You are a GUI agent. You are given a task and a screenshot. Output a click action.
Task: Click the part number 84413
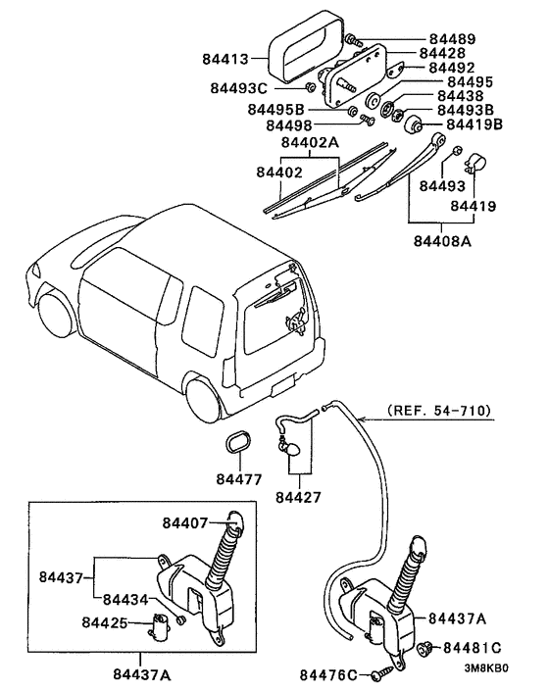pos(231,59)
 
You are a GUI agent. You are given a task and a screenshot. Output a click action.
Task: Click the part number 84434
pos(125,599)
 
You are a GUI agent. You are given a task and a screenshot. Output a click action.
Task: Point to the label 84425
pos(105,622)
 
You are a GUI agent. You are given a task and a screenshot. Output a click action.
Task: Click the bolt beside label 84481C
pos(427,649)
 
